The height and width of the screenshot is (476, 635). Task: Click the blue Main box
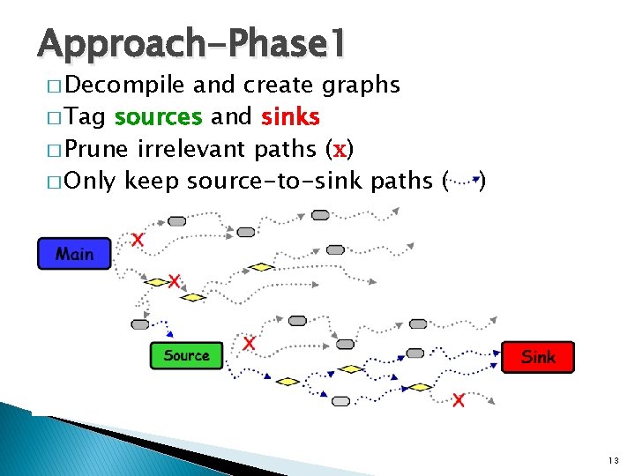click(74, 254)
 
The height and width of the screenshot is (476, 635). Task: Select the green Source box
click(186, 355)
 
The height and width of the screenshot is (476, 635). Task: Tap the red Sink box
click(538, 357)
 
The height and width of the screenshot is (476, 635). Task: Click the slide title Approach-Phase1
click(192, 42)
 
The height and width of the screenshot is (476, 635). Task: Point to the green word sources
click(159, 117)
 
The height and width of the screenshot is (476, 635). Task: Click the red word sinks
click(290, 117)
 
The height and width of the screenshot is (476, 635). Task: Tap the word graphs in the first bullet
click(361, 86)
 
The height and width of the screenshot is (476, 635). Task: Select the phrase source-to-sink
click(275, 182)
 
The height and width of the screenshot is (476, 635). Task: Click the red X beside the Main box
click(138, 239)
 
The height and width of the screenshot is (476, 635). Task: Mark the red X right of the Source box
click(250, 344)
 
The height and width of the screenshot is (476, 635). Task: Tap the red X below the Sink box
click(459, 401)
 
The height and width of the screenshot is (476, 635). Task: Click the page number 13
click(614, 461)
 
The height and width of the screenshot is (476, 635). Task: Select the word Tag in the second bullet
click(86, 117)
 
